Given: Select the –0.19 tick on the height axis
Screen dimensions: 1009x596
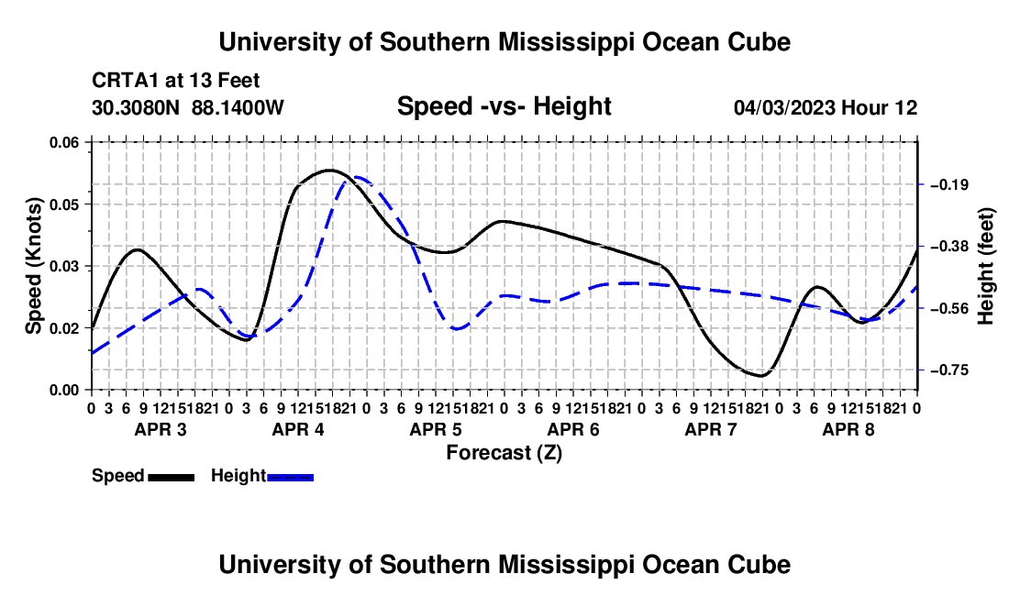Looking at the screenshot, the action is click(x=949, y=185).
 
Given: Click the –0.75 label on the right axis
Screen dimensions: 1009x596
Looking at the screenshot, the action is click(x=949, y=370).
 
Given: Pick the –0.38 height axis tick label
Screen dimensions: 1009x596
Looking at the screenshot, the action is click(x=949, y=247).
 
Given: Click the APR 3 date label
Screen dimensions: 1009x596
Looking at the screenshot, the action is click(x=161, y=429).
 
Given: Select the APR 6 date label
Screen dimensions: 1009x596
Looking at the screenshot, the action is click(x=573, y=429).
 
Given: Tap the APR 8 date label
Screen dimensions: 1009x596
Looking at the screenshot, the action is click(x=848, y=429).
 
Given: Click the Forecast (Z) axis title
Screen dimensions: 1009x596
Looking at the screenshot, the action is click(x=504, y=453).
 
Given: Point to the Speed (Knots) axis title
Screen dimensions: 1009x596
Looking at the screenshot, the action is click(x=33, y=266).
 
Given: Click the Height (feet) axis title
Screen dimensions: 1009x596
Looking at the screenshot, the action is click(x=986, y=266).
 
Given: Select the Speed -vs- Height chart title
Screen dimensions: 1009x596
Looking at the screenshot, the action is click(x=504, y=106).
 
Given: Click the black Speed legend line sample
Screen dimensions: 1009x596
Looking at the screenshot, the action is click(x=172, y=478).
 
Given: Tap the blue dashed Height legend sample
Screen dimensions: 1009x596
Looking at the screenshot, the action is click(x=290, y=478).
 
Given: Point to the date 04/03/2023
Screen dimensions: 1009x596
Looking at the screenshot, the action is click(x=784, y=107).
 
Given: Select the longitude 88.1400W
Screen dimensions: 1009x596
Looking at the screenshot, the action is click(x=238, y=107).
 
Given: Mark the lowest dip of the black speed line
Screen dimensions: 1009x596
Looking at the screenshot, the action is click(x=762, y=375).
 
